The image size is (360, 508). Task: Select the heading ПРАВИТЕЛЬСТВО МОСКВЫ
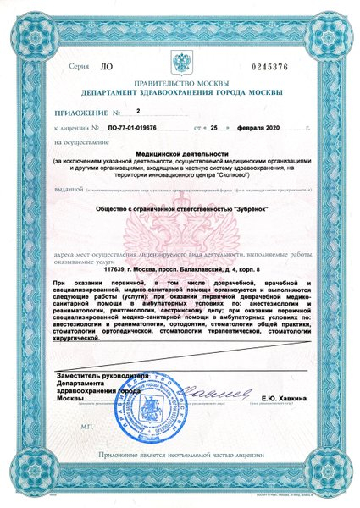click(179, 83)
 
